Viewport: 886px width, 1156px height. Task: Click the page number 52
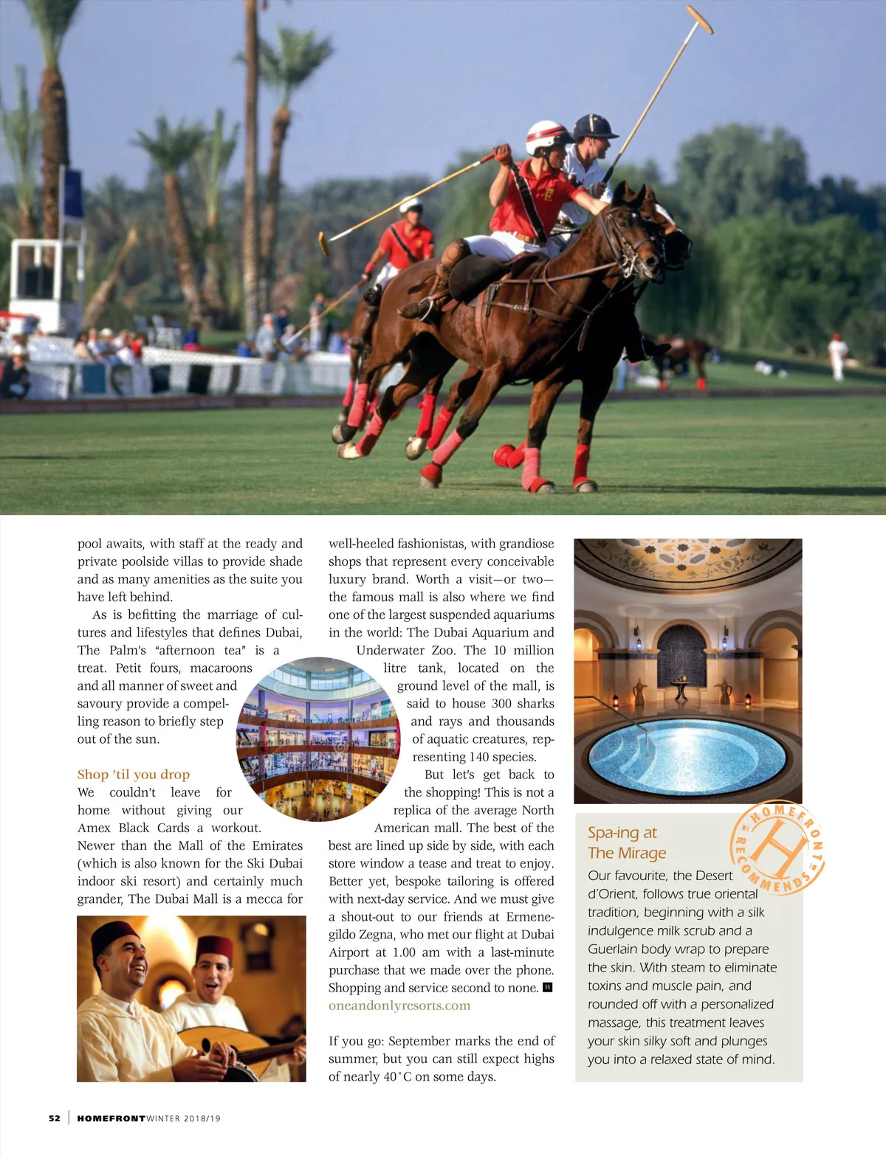coord(55,1118)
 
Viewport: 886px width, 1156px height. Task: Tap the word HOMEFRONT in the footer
coord(111,1118)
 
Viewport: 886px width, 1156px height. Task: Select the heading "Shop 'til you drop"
coord(134,774)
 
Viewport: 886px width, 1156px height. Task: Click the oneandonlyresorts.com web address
coord(399,1006)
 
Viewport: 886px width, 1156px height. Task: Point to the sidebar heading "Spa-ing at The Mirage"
coord(627,842)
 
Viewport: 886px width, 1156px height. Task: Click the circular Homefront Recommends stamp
coord(777,848)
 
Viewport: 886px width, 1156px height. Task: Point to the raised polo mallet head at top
coord(699,19)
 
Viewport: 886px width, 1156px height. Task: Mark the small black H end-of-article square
coord(548,987)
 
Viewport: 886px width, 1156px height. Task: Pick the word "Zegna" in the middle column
coord(377,934)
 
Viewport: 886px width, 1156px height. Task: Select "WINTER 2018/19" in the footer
coord(184,1118)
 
